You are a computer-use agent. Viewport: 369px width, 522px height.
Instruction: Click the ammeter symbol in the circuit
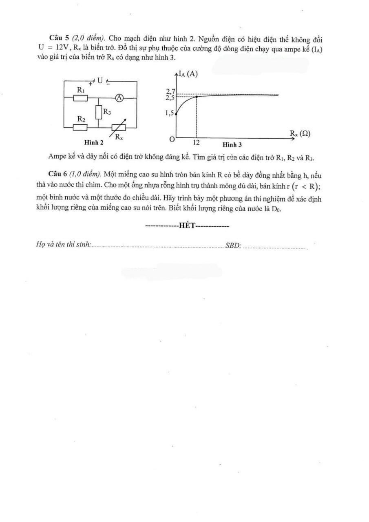tap(119, 97)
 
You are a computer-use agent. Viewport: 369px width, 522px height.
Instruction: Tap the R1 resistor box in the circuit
tap(80, 98)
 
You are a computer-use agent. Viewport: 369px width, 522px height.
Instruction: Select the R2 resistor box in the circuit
tap(80, 127)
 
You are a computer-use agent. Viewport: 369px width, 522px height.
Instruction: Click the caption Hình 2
tap(94, 143)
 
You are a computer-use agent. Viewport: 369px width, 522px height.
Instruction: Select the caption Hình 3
tap(232, 144)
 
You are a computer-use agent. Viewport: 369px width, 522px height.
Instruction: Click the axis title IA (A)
tap(188, 74)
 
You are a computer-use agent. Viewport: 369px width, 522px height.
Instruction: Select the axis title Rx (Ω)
tap(300, 133)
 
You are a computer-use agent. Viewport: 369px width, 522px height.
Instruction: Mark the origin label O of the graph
tap(172, 139)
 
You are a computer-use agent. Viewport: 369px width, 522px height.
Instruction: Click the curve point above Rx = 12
tap(197, 97)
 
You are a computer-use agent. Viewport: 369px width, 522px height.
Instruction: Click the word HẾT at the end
tap(187, 226)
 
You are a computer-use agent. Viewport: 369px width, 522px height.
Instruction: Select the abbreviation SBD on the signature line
tap(233, 246)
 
